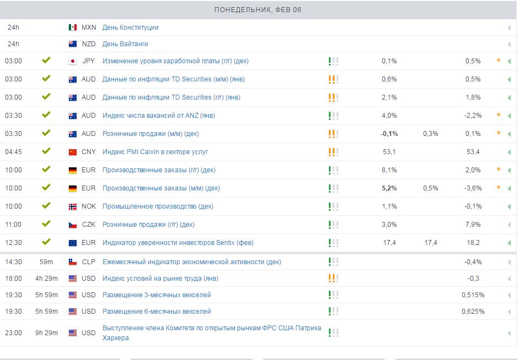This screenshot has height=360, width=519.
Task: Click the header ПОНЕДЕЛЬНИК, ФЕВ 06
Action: coord(258,10)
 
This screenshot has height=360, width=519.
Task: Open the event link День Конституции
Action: coord(130,28)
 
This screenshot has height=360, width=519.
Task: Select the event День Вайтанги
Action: coord(125,44)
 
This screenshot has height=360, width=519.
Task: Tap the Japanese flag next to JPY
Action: coord(73,61)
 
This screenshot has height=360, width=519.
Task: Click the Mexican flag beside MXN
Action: coord(73,28)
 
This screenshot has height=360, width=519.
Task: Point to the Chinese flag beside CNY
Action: coord(73,152)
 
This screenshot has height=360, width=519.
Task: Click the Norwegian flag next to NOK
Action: coord(73,206)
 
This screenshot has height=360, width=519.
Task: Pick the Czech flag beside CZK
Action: coord(73,225)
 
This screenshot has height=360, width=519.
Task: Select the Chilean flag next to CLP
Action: coord(73,262)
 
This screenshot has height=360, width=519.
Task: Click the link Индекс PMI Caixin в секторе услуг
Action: coord(155,152)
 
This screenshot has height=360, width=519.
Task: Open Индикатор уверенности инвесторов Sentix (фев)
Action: coord(178,243)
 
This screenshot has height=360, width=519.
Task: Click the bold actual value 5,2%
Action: coord(389,188)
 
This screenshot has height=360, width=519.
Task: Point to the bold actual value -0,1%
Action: coord(389,134)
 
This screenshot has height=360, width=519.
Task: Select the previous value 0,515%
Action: coord(473,295)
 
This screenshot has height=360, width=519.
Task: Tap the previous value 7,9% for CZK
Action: coord(473,225)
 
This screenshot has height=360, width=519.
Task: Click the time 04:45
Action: coord(14,152)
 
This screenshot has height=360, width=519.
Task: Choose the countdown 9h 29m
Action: coord(47,333)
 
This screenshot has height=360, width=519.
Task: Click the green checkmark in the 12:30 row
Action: coord(46,242)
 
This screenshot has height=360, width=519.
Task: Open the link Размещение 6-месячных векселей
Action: coord(156,312)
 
